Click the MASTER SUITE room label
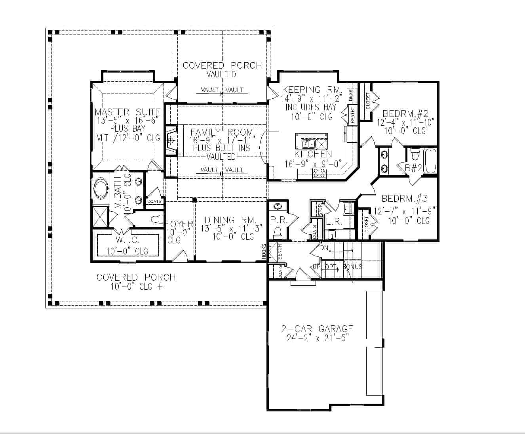[127, 112]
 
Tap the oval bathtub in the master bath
[102, 189]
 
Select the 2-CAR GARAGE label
[317, 329]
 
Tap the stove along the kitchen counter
[320, 173]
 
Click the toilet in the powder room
[278, 231]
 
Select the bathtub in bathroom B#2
[430, 161]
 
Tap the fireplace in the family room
[171, 140]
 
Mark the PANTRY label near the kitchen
[352, 114]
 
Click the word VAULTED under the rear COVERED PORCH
[222, 74]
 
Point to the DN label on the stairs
[324, 248]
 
